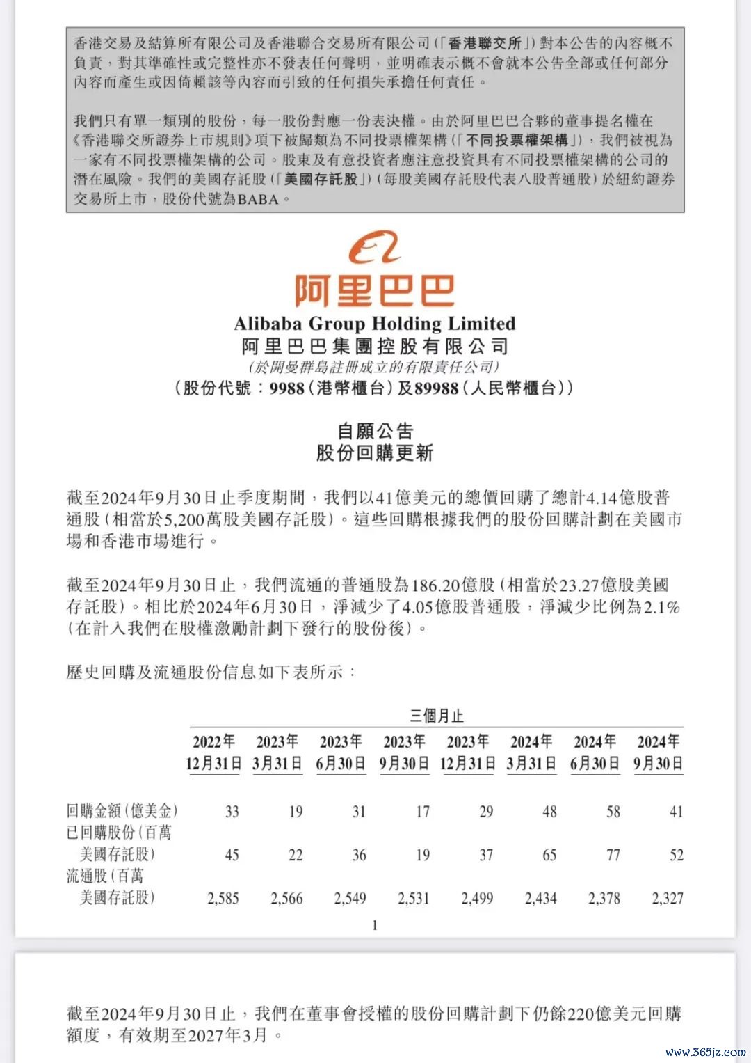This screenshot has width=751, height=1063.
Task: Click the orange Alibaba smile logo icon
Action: click(375, 249)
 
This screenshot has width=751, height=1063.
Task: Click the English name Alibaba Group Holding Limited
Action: click(375, 324)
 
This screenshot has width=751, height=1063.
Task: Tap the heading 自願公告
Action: click(375, 432)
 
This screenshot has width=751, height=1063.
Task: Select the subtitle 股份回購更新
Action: click(375, 453)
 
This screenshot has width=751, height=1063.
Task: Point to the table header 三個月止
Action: click(436, 716)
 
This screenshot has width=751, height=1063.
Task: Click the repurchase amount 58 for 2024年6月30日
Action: click(613, 812)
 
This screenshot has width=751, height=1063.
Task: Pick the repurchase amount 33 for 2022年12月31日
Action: click(232, 812)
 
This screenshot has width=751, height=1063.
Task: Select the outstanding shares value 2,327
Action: click(667, 899)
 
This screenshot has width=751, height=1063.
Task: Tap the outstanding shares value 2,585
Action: click(223, 899)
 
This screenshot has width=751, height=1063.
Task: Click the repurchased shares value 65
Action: click(549, 855)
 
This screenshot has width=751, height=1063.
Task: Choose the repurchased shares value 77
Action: click(613, 855)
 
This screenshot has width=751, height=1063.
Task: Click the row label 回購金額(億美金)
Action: click(122, 811)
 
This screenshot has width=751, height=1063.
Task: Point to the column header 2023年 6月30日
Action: click(341, 753)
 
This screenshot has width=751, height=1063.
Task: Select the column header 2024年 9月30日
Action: click(658, 753)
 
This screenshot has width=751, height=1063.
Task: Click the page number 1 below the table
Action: click(375, 925)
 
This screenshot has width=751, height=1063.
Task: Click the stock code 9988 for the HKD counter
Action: click(287, 388)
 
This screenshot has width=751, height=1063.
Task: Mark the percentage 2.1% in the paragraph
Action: click(661, 607)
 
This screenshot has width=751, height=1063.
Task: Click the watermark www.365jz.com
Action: click(705, 1051)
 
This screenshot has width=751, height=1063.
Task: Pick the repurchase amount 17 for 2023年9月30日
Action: click(422, 812)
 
